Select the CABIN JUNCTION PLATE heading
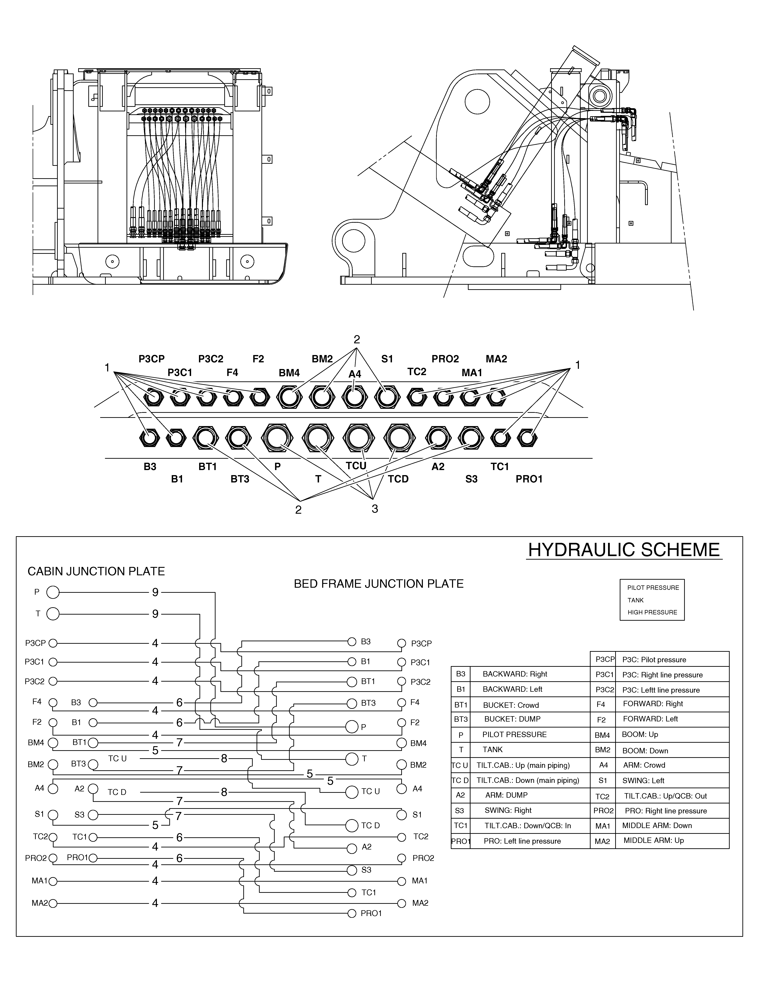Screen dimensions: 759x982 click(x=96, y=571)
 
